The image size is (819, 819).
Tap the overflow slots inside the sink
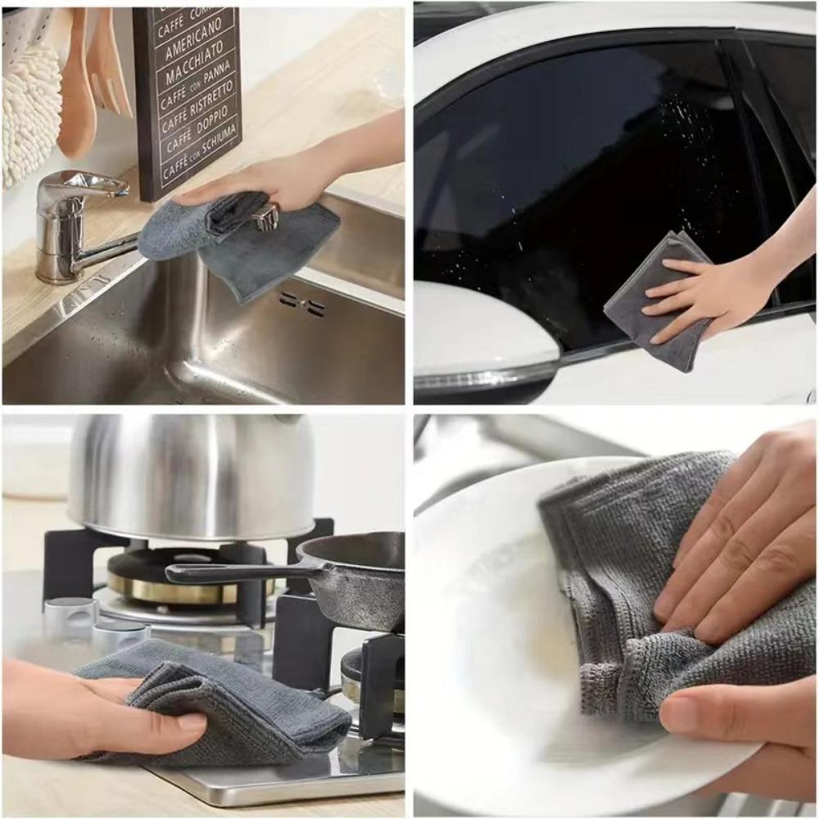[x=301, y=304]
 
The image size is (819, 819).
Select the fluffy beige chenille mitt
[x=31, y=106]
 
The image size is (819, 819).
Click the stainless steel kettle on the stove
[x=192, y=475]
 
